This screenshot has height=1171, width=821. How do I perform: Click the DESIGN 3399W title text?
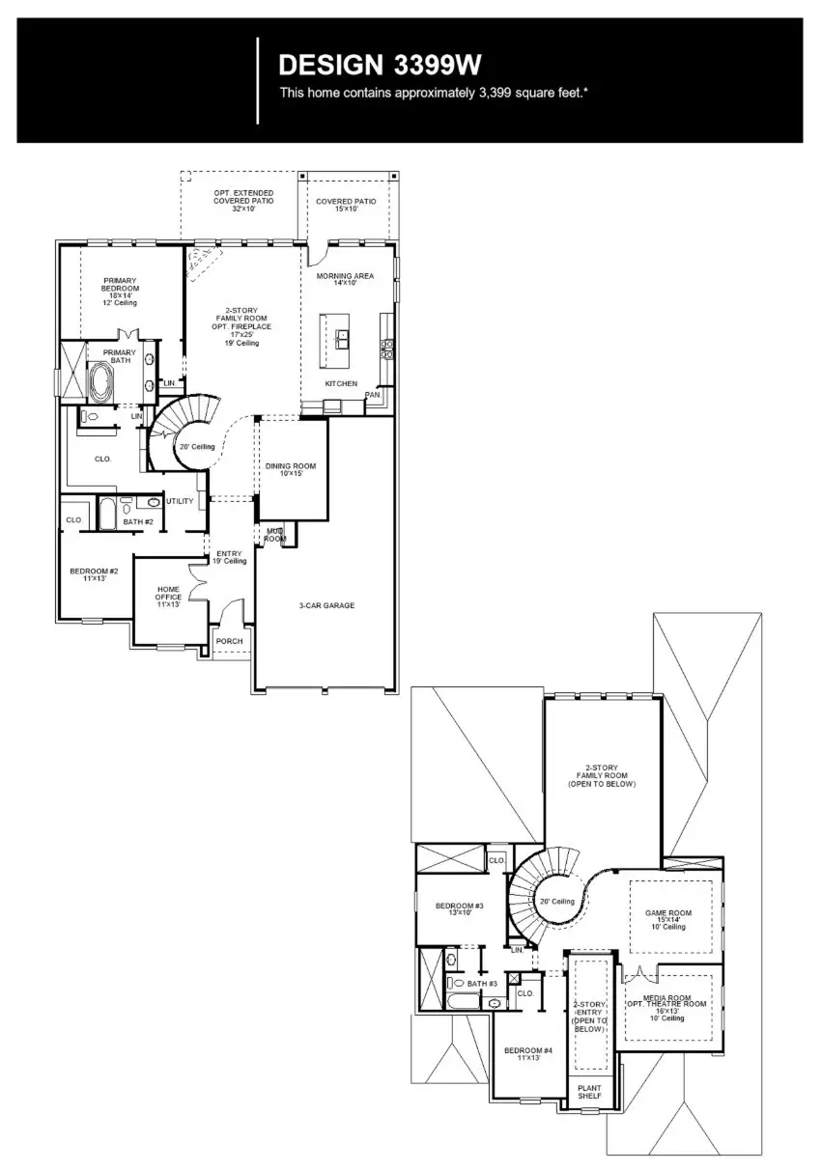coord(380,65)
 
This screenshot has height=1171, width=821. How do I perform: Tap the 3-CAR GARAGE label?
coord(326,606)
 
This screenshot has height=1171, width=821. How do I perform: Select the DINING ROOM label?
coord(291,469)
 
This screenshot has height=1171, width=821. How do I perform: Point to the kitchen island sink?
coord(343,339)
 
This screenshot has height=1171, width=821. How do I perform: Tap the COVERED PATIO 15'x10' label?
coord(346,205)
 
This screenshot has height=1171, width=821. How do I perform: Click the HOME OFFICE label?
coord(169,596)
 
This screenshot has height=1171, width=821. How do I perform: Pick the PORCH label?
coord(229,641)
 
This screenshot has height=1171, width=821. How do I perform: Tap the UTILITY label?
coord(180,501)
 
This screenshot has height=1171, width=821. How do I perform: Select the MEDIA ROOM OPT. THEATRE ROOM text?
coord(667,1007)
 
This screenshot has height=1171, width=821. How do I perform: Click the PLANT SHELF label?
coord(589,1092)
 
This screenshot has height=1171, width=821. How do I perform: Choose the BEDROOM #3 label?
coord(459,908)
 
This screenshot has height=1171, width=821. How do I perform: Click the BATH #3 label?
coord(482,984)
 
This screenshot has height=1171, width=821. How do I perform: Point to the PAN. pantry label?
coord(373,395)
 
